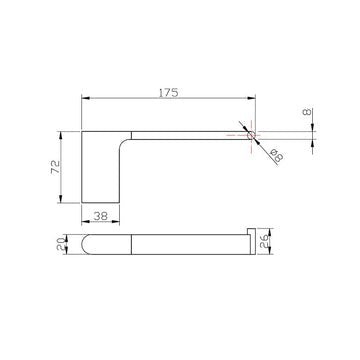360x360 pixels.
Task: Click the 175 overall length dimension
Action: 167,92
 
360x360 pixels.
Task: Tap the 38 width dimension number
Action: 100,214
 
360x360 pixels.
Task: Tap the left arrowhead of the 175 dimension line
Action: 84,100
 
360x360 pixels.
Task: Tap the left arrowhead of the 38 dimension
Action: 84,221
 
